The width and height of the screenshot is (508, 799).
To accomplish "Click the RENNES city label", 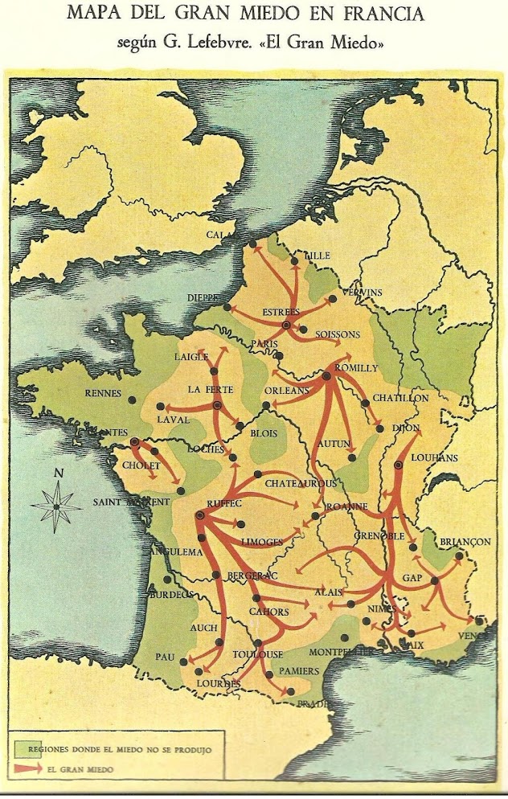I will pyautogui.click(x=102, y=394).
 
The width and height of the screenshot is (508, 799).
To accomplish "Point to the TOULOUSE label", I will pyautogui.click(x=256, y=655).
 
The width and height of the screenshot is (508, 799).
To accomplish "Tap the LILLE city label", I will pyautogui.click(x=317, y=256).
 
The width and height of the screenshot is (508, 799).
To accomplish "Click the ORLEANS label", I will pyautogui.click(x=286, y=391).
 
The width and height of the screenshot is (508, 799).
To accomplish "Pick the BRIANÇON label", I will pyautogui.click(x=464, y=542).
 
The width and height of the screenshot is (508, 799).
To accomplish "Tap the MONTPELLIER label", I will pyautogui.click(x=342, y=652).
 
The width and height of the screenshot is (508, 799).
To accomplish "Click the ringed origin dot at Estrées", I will pyautogui.click(x=285, y=325).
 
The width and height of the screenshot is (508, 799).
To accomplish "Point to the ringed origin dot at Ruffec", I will pyautogui.click(x=199, y=516).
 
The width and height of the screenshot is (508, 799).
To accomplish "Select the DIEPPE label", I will pyautogui.click(x=203, y=297).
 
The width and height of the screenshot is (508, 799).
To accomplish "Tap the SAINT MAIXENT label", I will pyautogui.click(x=131, y=502).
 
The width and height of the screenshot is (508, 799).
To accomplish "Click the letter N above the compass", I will pyautogui.click(x=57, y=473).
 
